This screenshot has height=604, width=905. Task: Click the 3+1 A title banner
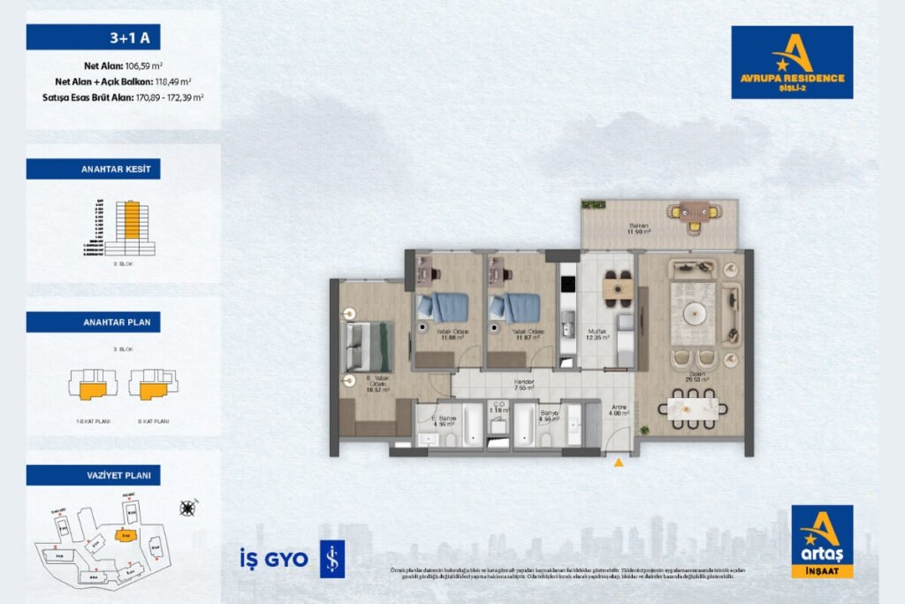point(93,37)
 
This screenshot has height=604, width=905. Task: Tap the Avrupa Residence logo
point(792,62)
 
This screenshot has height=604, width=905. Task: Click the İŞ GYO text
point(273,559)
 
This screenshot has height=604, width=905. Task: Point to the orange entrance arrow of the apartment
point(619,461)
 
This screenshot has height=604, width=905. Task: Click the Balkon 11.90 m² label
point(639,228)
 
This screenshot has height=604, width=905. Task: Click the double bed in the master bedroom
point(366,346)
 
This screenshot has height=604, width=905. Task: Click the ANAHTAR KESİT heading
point(93,169)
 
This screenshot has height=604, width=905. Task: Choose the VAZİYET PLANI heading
point(93,475)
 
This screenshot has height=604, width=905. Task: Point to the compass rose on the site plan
point(186,508)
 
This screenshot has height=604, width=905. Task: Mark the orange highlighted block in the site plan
point(126,535)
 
